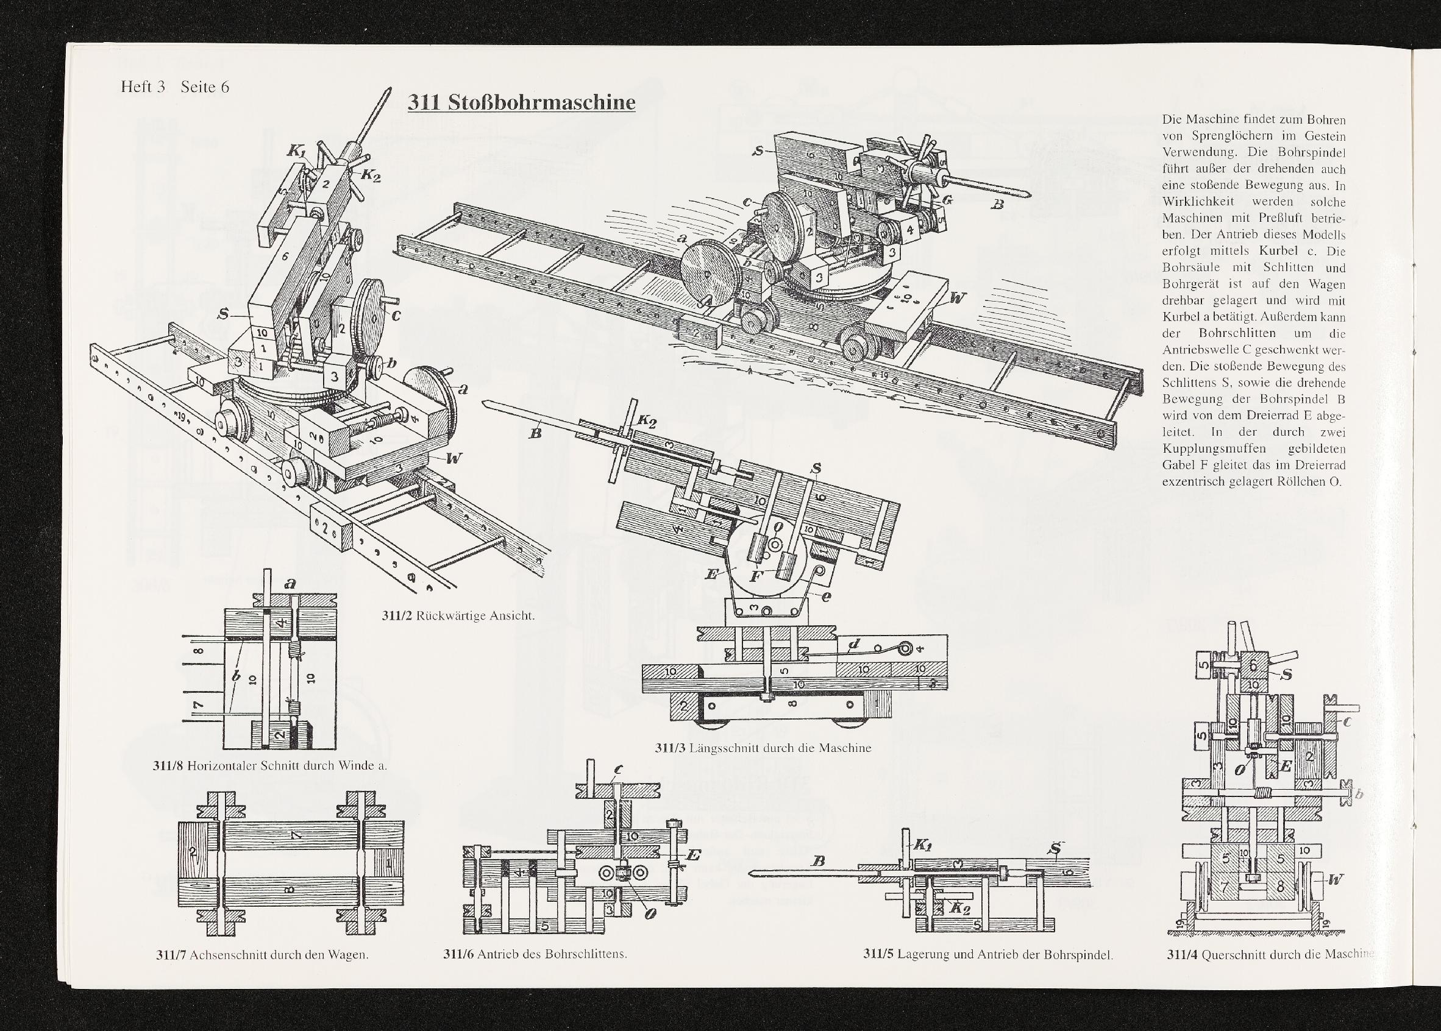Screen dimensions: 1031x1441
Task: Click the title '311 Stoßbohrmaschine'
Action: tap(521, 102)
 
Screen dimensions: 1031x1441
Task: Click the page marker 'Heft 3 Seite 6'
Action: tap(175, 87)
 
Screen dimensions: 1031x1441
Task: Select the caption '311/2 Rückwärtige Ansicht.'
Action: tap(458, 615)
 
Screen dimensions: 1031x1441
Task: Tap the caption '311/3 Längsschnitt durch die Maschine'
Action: tap(763, 748)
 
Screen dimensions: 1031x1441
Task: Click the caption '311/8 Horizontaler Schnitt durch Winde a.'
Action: tap(270, 765)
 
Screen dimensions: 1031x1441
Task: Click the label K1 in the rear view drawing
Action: tap(297, 151)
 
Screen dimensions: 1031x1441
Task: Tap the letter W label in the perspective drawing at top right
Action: tap(956, 297)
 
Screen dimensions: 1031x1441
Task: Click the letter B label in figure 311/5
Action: tap(819, 862)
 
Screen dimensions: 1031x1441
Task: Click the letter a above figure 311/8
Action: tap(291, 582)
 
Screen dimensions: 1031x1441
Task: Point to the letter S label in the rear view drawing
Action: tap(224, 314)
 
